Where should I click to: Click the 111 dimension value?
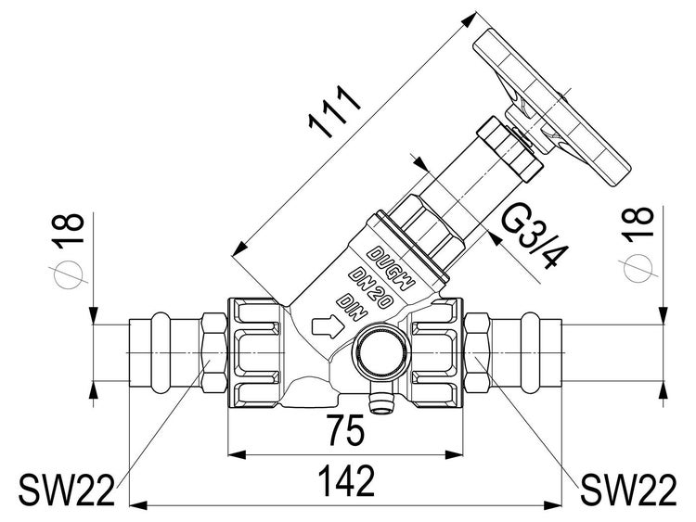335,111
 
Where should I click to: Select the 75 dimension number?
346,429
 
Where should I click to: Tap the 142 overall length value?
348,481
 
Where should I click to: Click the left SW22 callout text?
67,490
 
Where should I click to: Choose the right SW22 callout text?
628,490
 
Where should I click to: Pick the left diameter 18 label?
69,250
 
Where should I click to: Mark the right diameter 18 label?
638,245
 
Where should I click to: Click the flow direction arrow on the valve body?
328,326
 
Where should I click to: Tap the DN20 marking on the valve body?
370,288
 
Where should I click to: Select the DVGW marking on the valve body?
392,268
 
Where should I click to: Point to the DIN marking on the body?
352,307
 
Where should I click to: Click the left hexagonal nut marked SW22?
214,352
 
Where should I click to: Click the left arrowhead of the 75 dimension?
237,454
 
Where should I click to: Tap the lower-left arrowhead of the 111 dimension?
240,249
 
